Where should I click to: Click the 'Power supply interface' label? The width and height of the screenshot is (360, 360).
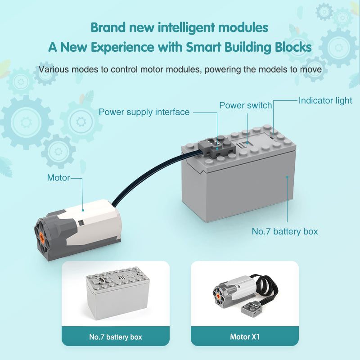click(144, 112)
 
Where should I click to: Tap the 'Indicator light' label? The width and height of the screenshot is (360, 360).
click(325, 100)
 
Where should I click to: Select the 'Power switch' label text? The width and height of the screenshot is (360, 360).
click(245, 105)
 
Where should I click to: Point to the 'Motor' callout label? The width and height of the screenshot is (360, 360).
click(58, 178)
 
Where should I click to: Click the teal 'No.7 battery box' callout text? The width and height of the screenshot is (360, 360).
click(285, 231)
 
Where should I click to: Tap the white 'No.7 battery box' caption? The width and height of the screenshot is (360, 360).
click(116, 337)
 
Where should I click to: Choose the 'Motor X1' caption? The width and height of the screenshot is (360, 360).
click(245, 337)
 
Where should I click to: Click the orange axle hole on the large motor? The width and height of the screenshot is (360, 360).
click(42, 237)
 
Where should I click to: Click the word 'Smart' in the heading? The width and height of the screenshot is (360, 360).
click(204, 47)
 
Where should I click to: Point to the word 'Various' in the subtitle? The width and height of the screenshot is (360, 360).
click(54, 69)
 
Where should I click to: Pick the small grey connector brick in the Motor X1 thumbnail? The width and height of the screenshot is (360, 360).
click(251, 310)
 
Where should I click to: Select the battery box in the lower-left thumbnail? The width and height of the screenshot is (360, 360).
click(118, 293)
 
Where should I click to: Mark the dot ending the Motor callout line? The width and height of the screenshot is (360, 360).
click(83, 210)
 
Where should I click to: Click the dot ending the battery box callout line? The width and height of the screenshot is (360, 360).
click(287, 177)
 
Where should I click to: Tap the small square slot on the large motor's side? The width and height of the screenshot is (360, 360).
click(81, 223)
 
